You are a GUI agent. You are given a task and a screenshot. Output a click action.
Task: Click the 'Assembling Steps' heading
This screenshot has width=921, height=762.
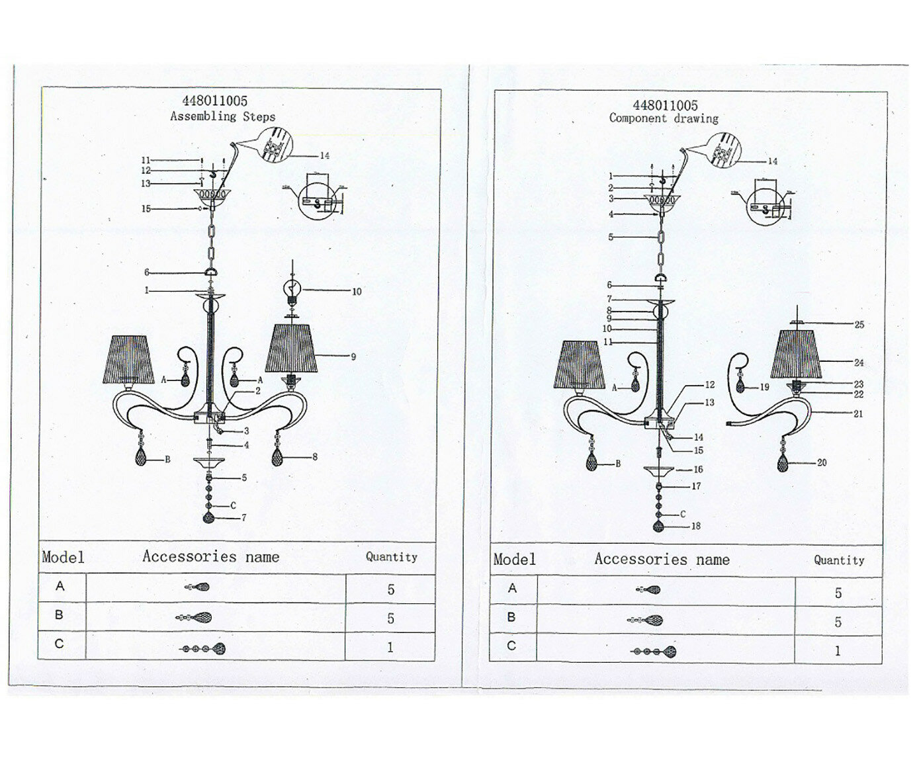coord(222,116)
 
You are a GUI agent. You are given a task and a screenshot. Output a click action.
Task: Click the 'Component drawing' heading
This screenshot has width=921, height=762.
coord(664,118)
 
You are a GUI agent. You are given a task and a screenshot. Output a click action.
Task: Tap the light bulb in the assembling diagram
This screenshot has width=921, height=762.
coord(291,289)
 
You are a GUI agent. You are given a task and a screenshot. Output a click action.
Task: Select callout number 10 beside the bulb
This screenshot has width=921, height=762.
coord(357,291)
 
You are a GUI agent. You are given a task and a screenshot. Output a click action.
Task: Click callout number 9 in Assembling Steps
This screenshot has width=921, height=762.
coord(353,357)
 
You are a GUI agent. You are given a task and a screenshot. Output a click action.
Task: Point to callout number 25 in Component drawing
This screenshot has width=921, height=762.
coord(859,325)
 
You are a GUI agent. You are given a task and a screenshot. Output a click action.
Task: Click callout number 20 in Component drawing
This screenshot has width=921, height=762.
coord(822,463)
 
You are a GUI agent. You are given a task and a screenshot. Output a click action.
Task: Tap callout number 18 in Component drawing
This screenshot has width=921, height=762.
coord(695,527)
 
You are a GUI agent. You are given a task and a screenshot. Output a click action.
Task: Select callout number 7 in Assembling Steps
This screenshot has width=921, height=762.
coord(243,518)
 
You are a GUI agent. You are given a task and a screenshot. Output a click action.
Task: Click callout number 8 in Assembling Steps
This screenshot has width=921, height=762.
coord(314,456)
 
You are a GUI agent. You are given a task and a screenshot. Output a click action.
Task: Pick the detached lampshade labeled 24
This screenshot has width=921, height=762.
coord(797,355)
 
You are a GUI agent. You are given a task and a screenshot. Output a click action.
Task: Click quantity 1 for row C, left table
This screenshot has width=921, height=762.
coord(390,647)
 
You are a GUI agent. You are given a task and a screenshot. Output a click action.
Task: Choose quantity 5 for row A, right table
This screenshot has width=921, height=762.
coord(838,593)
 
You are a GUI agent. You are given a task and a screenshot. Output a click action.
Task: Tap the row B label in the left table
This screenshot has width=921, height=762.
coord(60,615)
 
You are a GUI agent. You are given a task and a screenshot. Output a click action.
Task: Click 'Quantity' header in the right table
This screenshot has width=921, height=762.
coord(838,560)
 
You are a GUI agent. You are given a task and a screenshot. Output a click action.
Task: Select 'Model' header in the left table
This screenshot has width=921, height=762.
coord(64,557)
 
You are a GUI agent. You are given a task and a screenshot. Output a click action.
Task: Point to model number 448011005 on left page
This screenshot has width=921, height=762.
coord(215,101)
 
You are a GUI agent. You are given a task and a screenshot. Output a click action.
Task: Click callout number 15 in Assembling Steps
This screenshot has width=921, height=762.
coord(146,209)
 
